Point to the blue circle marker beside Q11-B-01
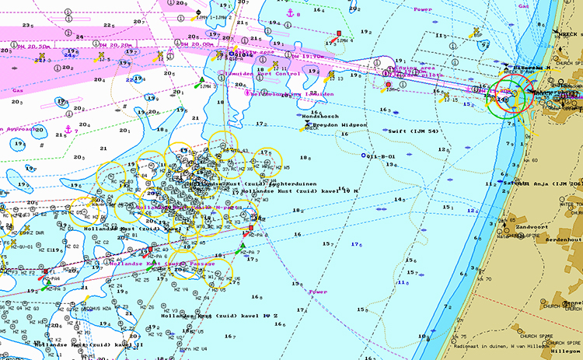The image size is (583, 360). pos(363,156)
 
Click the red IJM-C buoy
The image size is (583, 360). pos(389,84)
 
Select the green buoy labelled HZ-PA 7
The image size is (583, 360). pos(243,247)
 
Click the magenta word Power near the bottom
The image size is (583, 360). pos(317,292)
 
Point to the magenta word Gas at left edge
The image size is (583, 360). pos(17,90)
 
